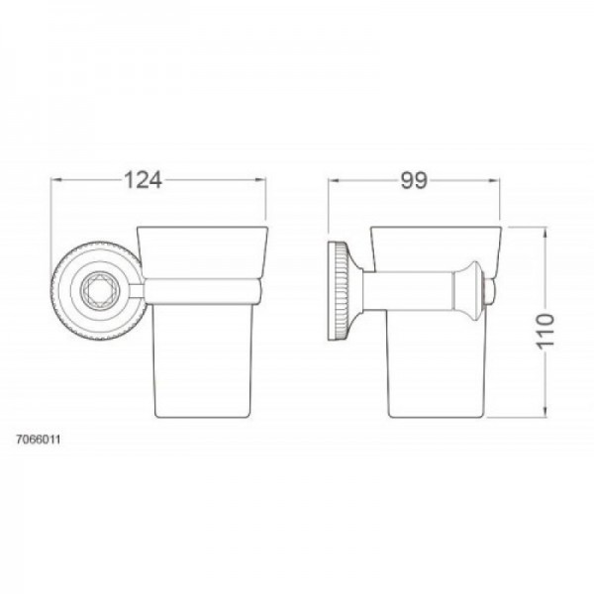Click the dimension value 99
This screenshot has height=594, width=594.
pos(413,179)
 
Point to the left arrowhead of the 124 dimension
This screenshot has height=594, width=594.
pos(55,179)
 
